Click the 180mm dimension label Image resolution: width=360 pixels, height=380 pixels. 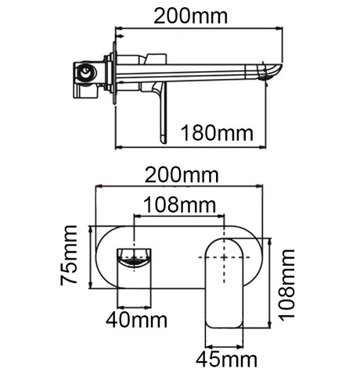217,133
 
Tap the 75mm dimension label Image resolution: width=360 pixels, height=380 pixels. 69,256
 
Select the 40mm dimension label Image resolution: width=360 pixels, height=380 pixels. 136,320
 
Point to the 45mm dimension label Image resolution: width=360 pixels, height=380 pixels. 226,360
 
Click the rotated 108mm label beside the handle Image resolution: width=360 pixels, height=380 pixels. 286,284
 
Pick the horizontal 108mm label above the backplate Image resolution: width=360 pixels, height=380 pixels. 180,205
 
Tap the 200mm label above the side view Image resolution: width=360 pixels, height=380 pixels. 191,16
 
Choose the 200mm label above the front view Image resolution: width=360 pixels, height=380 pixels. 182,175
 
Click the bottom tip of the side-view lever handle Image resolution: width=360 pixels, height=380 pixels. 163,142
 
